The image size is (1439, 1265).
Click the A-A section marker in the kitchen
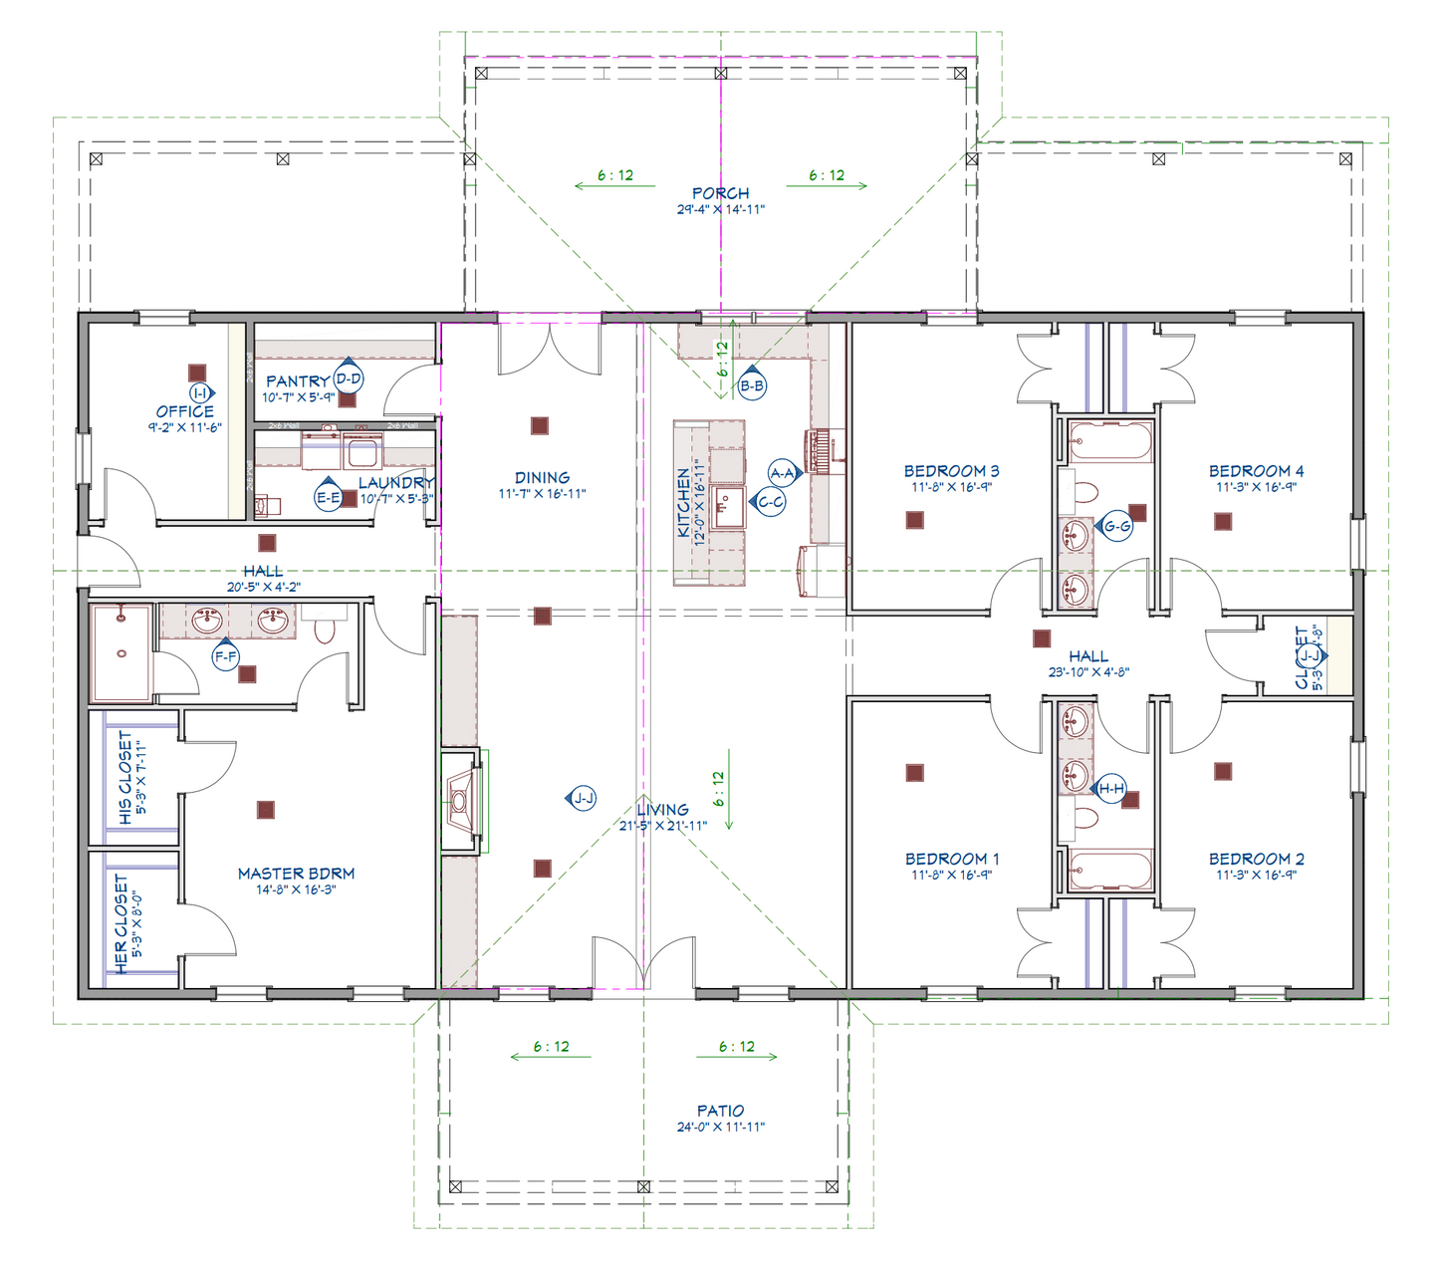(x=783, y=473)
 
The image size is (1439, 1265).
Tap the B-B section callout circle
(x=753, y=385)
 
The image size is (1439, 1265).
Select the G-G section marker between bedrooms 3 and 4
(x=1117, y=526)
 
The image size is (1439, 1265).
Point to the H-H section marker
(x=1110, y=789)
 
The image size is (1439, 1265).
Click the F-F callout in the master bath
(x=226, y=656)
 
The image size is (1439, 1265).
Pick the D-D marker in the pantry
(x=348, y=379)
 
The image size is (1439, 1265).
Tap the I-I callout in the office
(x=199, y=393)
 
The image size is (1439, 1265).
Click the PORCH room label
(x=720, y=193)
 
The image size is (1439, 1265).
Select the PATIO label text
(x=720, y=1111)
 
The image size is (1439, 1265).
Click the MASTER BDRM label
(x=296, y=874)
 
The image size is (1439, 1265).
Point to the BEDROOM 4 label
(x=1256, y=471)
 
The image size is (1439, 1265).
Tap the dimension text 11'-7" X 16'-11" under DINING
(x=542, y=494)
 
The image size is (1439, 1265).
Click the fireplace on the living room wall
(x=462, y=800)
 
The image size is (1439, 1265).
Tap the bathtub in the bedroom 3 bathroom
(x=1110, y=440)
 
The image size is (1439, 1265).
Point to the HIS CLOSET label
(x=124, y=778)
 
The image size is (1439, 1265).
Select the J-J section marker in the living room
(x=584, y=798)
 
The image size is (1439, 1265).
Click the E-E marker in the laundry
(x=328, y=497)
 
